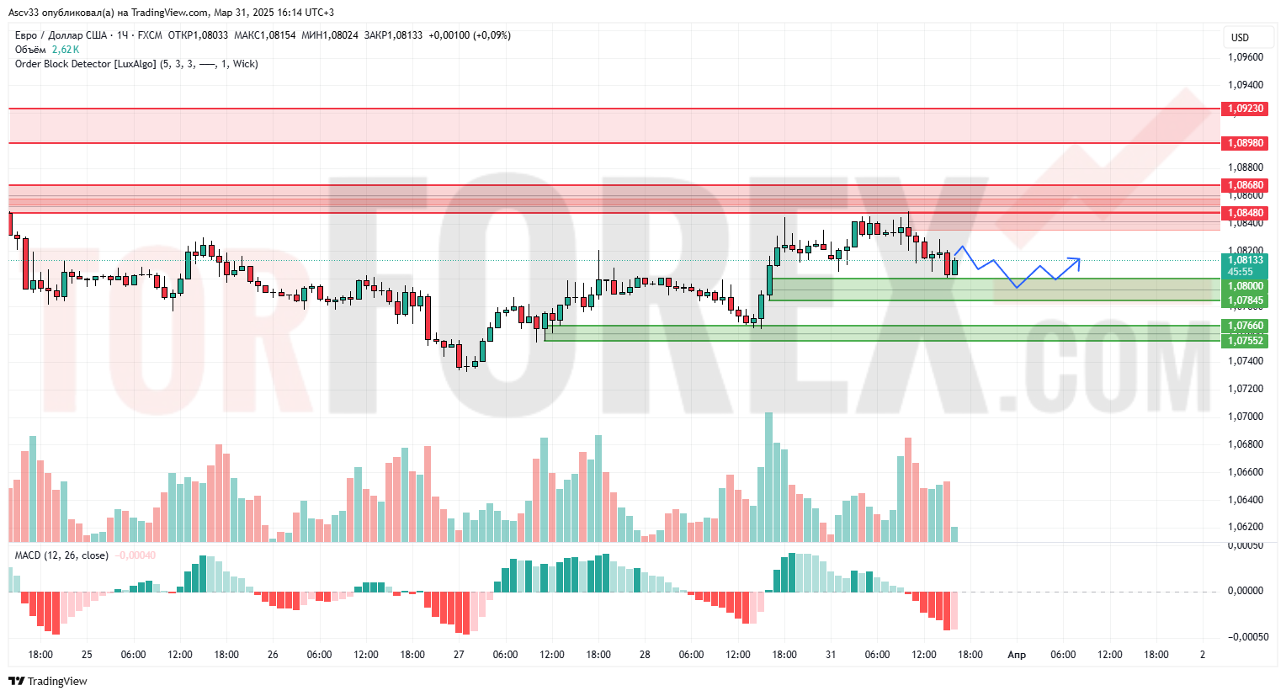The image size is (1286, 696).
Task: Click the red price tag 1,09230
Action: pyautogui.click(x=1245, y=109)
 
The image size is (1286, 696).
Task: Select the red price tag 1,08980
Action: pyautogui.click(x=1245, y=143)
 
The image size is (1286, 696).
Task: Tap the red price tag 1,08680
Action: pyautogui.click(x=1245, y=185)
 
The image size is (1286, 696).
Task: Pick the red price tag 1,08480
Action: pyautogui.click(x=1245, y=213)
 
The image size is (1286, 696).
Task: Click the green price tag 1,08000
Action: pyautogui.click(x=1245, y=286)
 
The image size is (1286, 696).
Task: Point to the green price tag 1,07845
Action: pyautogui.click(x=1245, y=300)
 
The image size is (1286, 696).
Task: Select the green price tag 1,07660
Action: pyautogui.click(x=1245, y=326)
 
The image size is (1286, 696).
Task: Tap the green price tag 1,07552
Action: pyautogui.click(x=1245, y=340)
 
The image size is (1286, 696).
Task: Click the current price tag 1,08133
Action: pyautogui.click(x=1245, y=260)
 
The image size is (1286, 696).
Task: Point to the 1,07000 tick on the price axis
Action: pyautogui.click(x=1245, y=417)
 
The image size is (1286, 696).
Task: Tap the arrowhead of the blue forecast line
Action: pyautogui.click(x=1078, y=259)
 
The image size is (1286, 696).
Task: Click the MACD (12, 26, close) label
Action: pyautogui.click(x=61, y=555)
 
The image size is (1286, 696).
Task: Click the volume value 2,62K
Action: pyautogui.click(x=66, y=50)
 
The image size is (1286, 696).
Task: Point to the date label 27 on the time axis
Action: pyautogui.click(x=459, y=655)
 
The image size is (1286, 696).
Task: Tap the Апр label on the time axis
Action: pyautogui.click(x=1017, y=655)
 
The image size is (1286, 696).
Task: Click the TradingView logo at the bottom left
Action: pyautogui.click(x=48, y=681)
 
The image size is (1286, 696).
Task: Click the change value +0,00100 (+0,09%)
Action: pyautogui.click(x=469, y=35)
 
